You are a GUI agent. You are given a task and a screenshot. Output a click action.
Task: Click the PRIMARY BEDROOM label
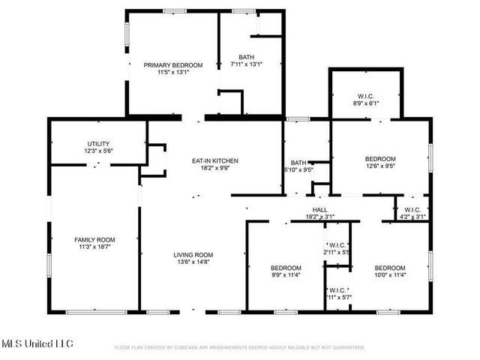tap(173, 65)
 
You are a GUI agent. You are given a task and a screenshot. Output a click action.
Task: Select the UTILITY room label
tap(98, 143)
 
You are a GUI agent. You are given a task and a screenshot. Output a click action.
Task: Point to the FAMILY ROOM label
tap(94, 238)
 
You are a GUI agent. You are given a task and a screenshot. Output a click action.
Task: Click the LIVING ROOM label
tap(194, 254)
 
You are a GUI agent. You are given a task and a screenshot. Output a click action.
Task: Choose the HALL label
tap(319, 209)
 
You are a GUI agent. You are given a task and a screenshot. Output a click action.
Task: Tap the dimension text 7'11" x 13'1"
tap(246, 65)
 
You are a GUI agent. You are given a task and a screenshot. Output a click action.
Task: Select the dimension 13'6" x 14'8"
tap(194, 262)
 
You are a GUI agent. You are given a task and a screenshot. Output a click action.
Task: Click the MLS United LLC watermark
tap(37, 344)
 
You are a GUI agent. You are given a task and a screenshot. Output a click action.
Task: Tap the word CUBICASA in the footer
tap(190, 348)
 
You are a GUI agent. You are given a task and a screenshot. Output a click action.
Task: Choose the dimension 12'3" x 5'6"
tap(98, 151)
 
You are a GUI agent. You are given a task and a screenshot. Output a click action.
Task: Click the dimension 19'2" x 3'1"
tap(319, 217)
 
